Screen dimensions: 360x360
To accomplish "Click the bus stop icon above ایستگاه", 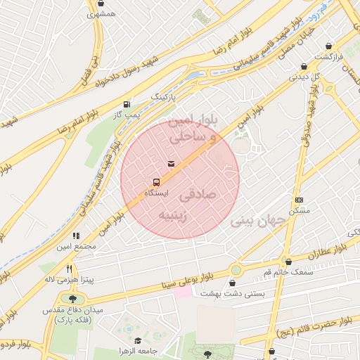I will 155,181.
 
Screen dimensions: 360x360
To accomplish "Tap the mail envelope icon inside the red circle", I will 171,164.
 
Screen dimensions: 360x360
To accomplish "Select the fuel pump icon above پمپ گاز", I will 127,103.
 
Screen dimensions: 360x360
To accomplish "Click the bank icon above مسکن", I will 299,200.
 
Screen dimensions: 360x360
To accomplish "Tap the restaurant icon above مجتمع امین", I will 76,236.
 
